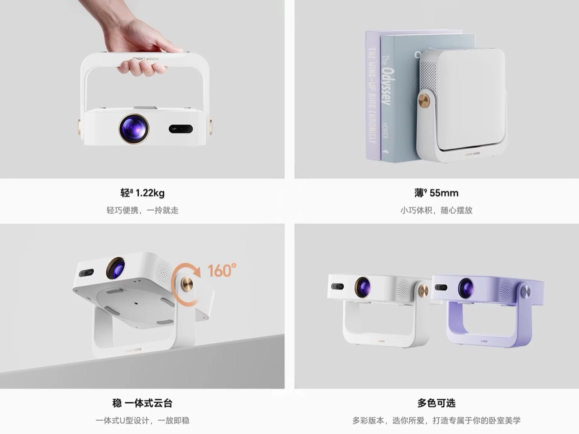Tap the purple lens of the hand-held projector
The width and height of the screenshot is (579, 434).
[134, 128]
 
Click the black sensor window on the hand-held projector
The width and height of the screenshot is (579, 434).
[181, 129]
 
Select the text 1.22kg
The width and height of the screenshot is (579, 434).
[150, 193]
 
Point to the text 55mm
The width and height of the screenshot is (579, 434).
[444, 193]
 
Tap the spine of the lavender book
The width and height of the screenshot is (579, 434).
[372, 95]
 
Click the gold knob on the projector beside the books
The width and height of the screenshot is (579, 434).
[424, 100]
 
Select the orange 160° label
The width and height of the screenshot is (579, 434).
[222, 270]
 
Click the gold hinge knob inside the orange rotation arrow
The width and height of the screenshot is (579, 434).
[187, 284]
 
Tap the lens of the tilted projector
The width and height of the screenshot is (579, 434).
[116, 268]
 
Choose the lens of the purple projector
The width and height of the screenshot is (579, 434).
[465, 288]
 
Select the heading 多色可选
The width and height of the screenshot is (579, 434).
[436, 403]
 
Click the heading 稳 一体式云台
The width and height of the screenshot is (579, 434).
[142, 403]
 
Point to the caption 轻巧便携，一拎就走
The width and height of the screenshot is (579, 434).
[142, 210]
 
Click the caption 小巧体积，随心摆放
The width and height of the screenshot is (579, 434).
[436, 210]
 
